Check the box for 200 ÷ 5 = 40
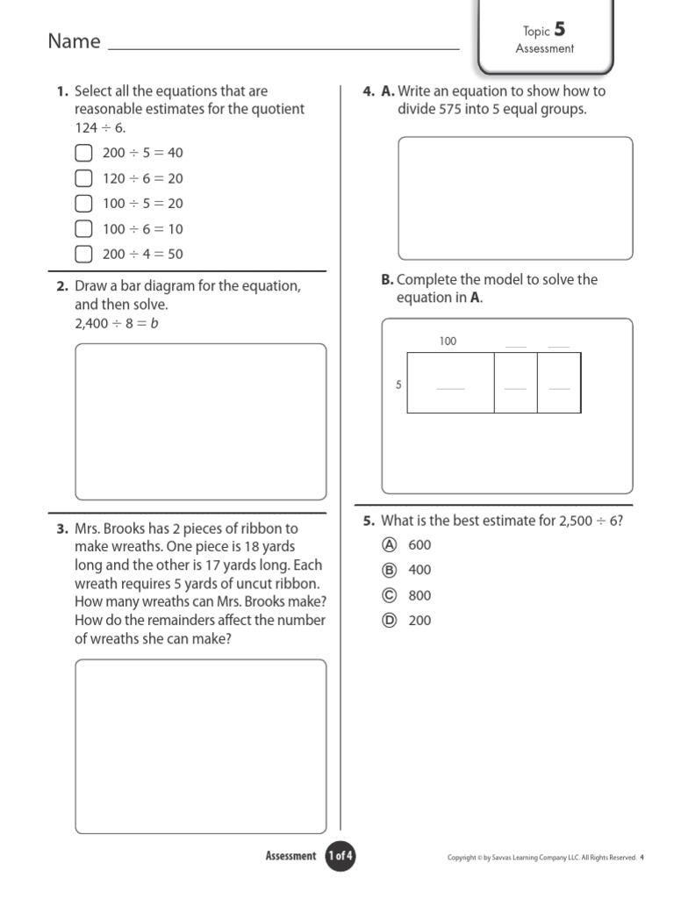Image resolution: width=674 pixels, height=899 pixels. (83, 153)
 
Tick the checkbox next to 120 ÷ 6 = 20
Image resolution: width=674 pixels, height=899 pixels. (83, 178)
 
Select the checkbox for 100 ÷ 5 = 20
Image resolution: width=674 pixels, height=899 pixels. (83, 204)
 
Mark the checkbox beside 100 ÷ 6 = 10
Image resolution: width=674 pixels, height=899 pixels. (83, 229)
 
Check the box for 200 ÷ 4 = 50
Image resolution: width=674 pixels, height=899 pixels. (83, 255)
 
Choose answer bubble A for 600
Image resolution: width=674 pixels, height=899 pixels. (391, 544)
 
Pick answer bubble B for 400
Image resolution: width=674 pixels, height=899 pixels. (391, 570)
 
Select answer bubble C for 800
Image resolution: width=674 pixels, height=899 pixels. (391, 595)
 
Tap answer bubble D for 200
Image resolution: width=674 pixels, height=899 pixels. (391, 621)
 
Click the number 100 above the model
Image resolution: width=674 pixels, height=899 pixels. (448, 342)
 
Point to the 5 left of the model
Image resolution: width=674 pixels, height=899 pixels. (398, 385)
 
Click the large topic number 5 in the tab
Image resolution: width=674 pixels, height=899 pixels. (560, 30)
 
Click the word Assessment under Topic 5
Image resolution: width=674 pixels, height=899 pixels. (544, 49)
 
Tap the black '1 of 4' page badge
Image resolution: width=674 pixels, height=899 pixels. (340, 856)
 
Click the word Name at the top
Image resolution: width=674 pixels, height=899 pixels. (74, 41)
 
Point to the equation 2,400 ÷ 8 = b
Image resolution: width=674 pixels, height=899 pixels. (117, 323)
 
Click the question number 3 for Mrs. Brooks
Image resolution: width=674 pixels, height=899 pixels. (61, 529)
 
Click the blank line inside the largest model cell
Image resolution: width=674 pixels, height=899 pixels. (450, 388)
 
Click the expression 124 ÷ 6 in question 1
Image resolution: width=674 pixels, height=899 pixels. (101, 127)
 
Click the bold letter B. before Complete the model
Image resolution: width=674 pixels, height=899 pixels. (387, 280)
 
